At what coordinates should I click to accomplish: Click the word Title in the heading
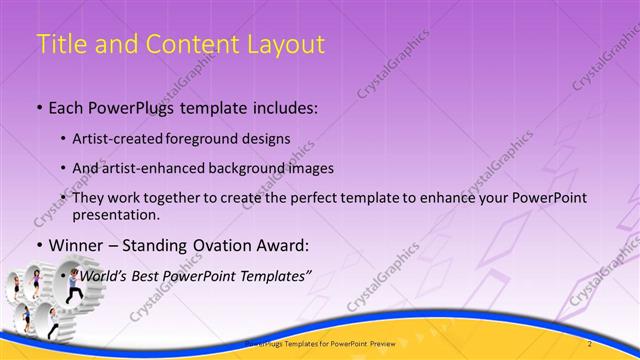coord(61,45)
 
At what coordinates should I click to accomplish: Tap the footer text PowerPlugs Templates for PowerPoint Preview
coord(320,343)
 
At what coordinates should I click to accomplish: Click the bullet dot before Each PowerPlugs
coord(38,107)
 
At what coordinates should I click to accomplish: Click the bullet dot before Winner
coord(38,244)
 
